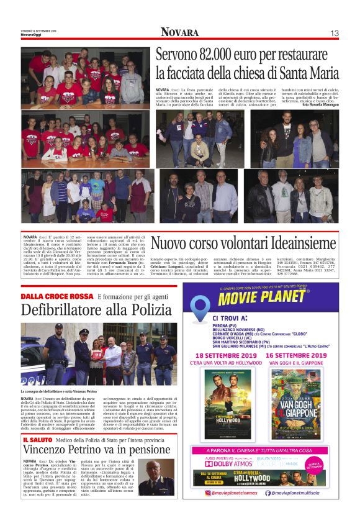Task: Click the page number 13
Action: pos(335,33)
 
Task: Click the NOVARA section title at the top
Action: pos(180,32)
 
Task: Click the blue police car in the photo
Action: pos(32,366)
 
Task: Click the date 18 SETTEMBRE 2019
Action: pos(222,355)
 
